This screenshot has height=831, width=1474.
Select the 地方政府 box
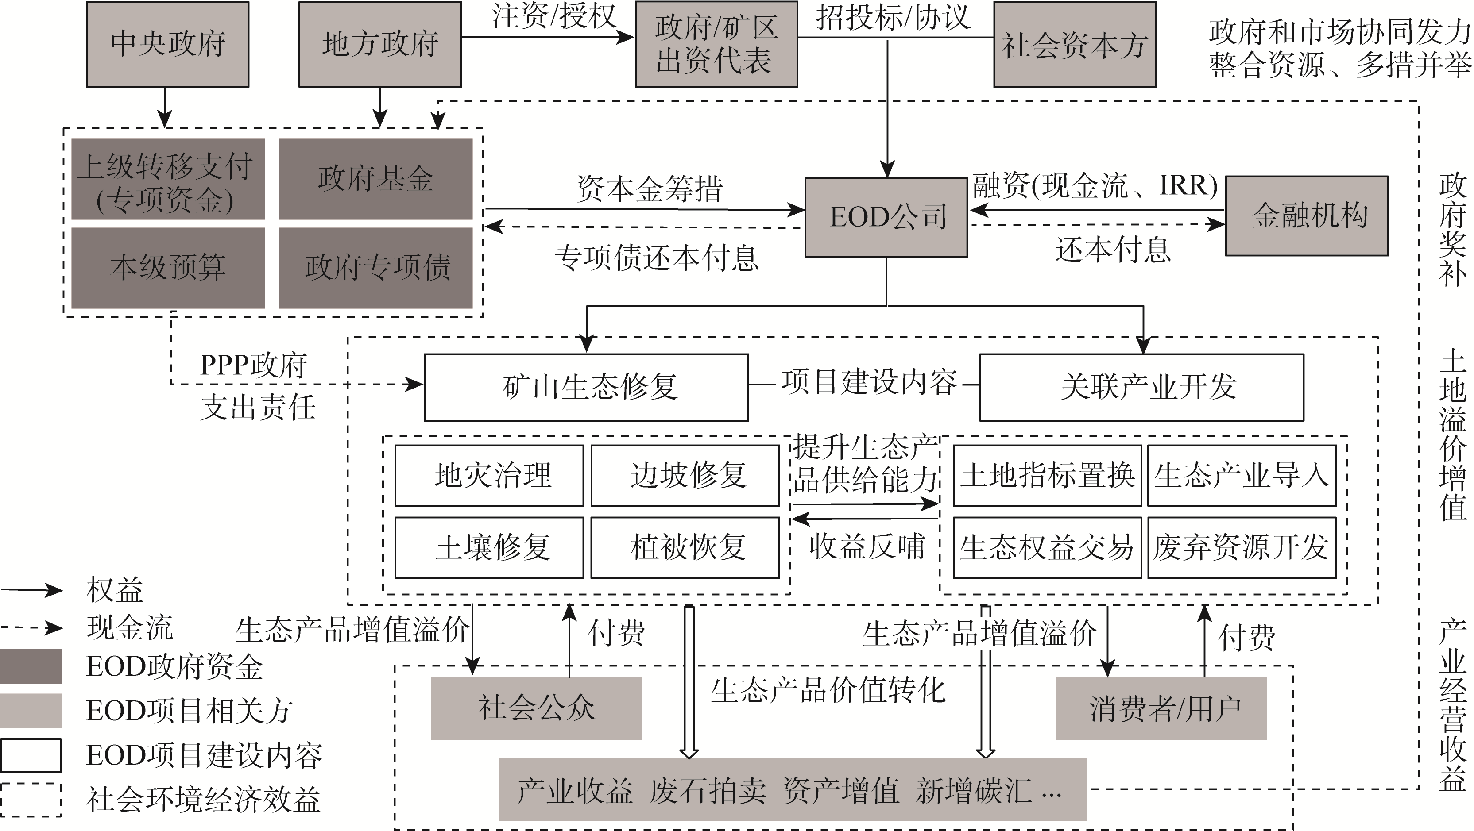tap(380, 44)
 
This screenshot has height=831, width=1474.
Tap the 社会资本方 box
tap(1075, 44)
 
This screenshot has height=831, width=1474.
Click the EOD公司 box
tap(886, 217)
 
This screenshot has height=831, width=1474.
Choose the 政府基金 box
tap(376, 179)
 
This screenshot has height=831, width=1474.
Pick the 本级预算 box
tap(168, 268)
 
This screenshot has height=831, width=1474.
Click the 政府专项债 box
tap(376, 268)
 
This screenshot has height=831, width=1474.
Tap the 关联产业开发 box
tap(1141, 387)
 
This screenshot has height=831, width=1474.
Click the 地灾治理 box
tap(489, 475)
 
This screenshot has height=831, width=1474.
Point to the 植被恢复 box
tap(685, 547)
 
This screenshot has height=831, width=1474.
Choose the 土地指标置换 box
tap(1047, 475)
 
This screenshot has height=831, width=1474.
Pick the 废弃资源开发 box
tap(1242, 547)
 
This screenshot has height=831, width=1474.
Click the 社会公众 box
tap(536, 708)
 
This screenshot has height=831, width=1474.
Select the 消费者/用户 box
tap(1161, 708)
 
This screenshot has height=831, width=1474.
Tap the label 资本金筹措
tap(650, 189)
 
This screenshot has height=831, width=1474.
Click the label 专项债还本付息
tap(656, 258)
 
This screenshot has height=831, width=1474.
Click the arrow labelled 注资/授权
tap(548, 37)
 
